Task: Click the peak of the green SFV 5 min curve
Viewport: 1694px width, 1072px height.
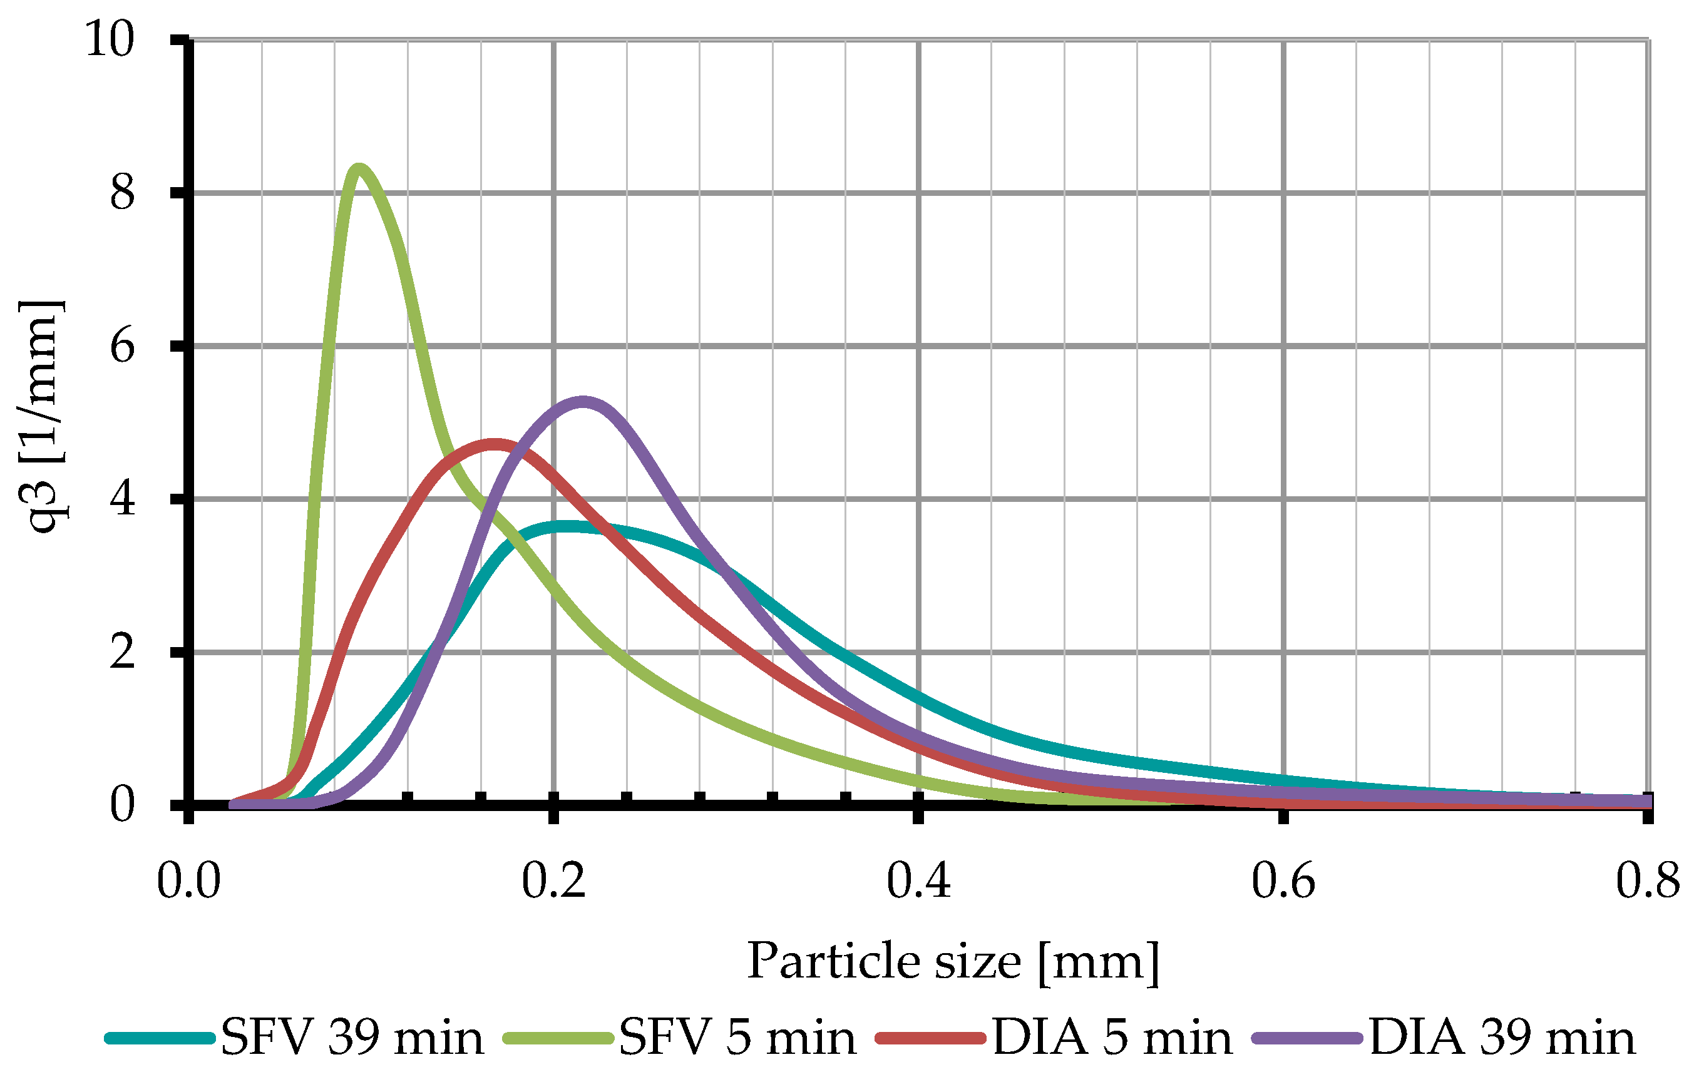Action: click(359, 170)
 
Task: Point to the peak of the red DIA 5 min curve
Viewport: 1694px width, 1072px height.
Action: click(495, 444)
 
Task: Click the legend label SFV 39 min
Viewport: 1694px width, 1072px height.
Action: click(352, 1038)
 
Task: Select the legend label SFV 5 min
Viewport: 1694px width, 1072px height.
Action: click(737, 1038)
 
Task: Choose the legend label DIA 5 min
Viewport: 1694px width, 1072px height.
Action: click(1112, 1038)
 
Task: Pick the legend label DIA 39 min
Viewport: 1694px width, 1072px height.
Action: click(1502, 1038)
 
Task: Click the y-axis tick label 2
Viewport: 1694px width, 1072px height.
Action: click(121, 652)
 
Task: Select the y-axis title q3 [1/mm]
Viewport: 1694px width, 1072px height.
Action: click(42, 416)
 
